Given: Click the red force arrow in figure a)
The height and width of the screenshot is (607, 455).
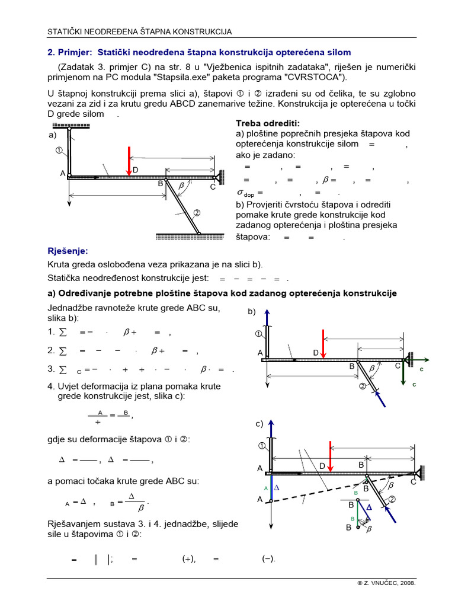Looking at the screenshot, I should [x=129, y=160].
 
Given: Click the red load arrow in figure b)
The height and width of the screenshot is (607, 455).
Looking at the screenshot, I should [x=323, y=344].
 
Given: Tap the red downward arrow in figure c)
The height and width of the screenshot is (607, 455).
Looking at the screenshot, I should [x=329, y=455].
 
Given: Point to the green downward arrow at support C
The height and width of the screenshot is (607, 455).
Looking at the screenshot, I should [x=404, y=373].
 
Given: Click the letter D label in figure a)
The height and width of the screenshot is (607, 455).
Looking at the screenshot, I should [x=136, y=170].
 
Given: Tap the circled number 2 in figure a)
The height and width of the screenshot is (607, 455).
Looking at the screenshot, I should [x=196, y=213].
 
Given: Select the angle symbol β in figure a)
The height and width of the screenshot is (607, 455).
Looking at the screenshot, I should [x=181, y=185].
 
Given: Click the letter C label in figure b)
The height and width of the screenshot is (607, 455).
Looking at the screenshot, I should [x=398, y=366].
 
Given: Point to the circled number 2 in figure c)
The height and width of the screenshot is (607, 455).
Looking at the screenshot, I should [x=391, y=499].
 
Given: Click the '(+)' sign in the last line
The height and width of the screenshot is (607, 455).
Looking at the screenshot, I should [x=189, y=559].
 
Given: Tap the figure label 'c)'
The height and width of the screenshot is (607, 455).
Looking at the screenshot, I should [x=259, y=424].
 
